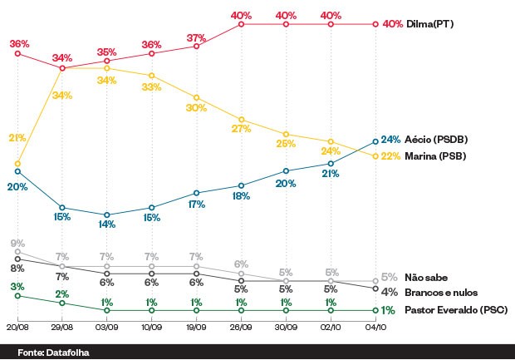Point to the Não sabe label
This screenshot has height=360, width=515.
[x=424, y=277]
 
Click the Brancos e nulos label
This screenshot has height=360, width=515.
[x=439, y=292]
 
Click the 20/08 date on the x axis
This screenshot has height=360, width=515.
[x=17, y=328]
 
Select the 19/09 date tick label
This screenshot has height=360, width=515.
[x=196, y=328]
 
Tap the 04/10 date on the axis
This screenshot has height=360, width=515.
[x=375, y=328]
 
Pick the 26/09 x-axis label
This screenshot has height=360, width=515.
[x=241, y=328]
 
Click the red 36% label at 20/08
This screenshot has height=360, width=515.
[x=19, y=43]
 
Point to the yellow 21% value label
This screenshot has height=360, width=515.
[x=17, y=137]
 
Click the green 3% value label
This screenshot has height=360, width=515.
[x=17, y=286]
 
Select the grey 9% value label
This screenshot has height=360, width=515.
[x=17, y=243]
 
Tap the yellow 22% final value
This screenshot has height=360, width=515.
[x=390, y=156]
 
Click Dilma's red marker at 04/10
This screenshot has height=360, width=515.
[x=375, y=25]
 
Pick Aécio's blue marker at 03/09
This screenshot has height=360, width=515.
[x=107, y=215]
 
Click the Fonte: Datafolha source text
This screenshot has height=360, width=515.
[x=52, y=352]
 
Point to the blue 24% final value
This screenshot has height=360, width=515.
[x=390, y=140]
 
